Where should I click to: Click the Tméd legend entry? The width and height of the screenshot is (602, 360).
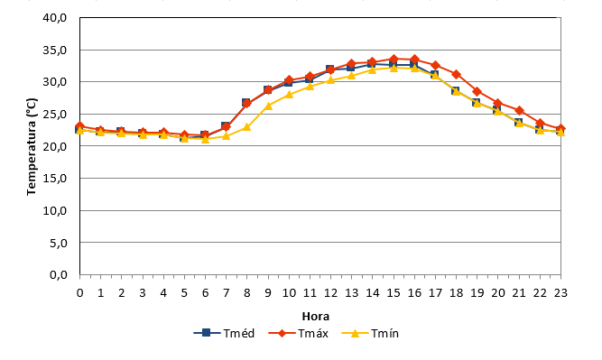(224, 333)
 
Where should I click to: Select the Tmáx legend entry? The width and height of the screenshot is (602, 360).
(299, 333)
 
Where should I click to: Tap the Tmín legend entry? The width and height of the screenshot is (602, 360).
(370, 333)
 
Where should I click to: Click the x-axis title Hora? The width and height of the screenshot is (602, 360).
(316, 317)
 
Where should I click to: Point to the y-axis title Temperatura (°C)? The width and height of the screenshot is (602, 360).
(32, 146)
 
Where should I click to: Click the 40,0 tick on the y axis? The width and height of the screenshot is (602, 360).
(54, 18)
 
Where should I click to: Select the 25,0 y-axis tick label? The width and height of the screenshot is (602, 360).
(54, 115)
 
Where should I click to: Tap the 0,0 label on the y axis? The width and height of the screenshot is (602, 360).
(58, 275)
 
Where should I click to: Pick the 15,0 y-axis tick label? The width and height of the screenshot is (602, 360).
(54, 179)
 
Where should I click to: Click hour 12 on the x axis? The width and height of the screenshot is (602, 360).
(330, 293)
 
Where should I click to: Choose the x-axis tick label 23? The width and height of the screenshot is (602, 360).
(560, 293)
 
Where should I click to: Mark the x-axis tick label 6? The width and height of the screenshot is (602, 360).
(205, 293)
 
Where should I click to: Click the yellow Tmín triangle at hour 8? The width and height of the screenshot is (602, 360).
(247, 127)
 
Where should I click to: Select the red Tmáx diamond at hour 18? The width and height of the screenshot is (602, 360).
(456, 74)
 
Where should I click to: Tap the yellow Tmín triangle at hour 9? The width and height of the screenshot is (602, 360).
(268, 106)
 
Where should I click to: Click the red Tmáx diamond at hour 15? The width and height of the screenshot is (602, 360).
(394, 60)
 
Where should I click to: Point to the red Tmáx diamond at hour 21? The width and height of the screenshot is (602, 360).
(519, 111)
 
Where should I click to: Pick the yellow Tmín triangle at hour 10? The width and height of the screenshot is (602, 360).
(289, 95)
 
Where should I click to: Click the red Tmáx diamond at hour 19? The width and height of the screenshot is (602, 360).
(477, 92)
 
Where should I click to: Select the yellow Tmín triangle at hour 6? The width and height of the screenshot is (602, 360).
(205, 139)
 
